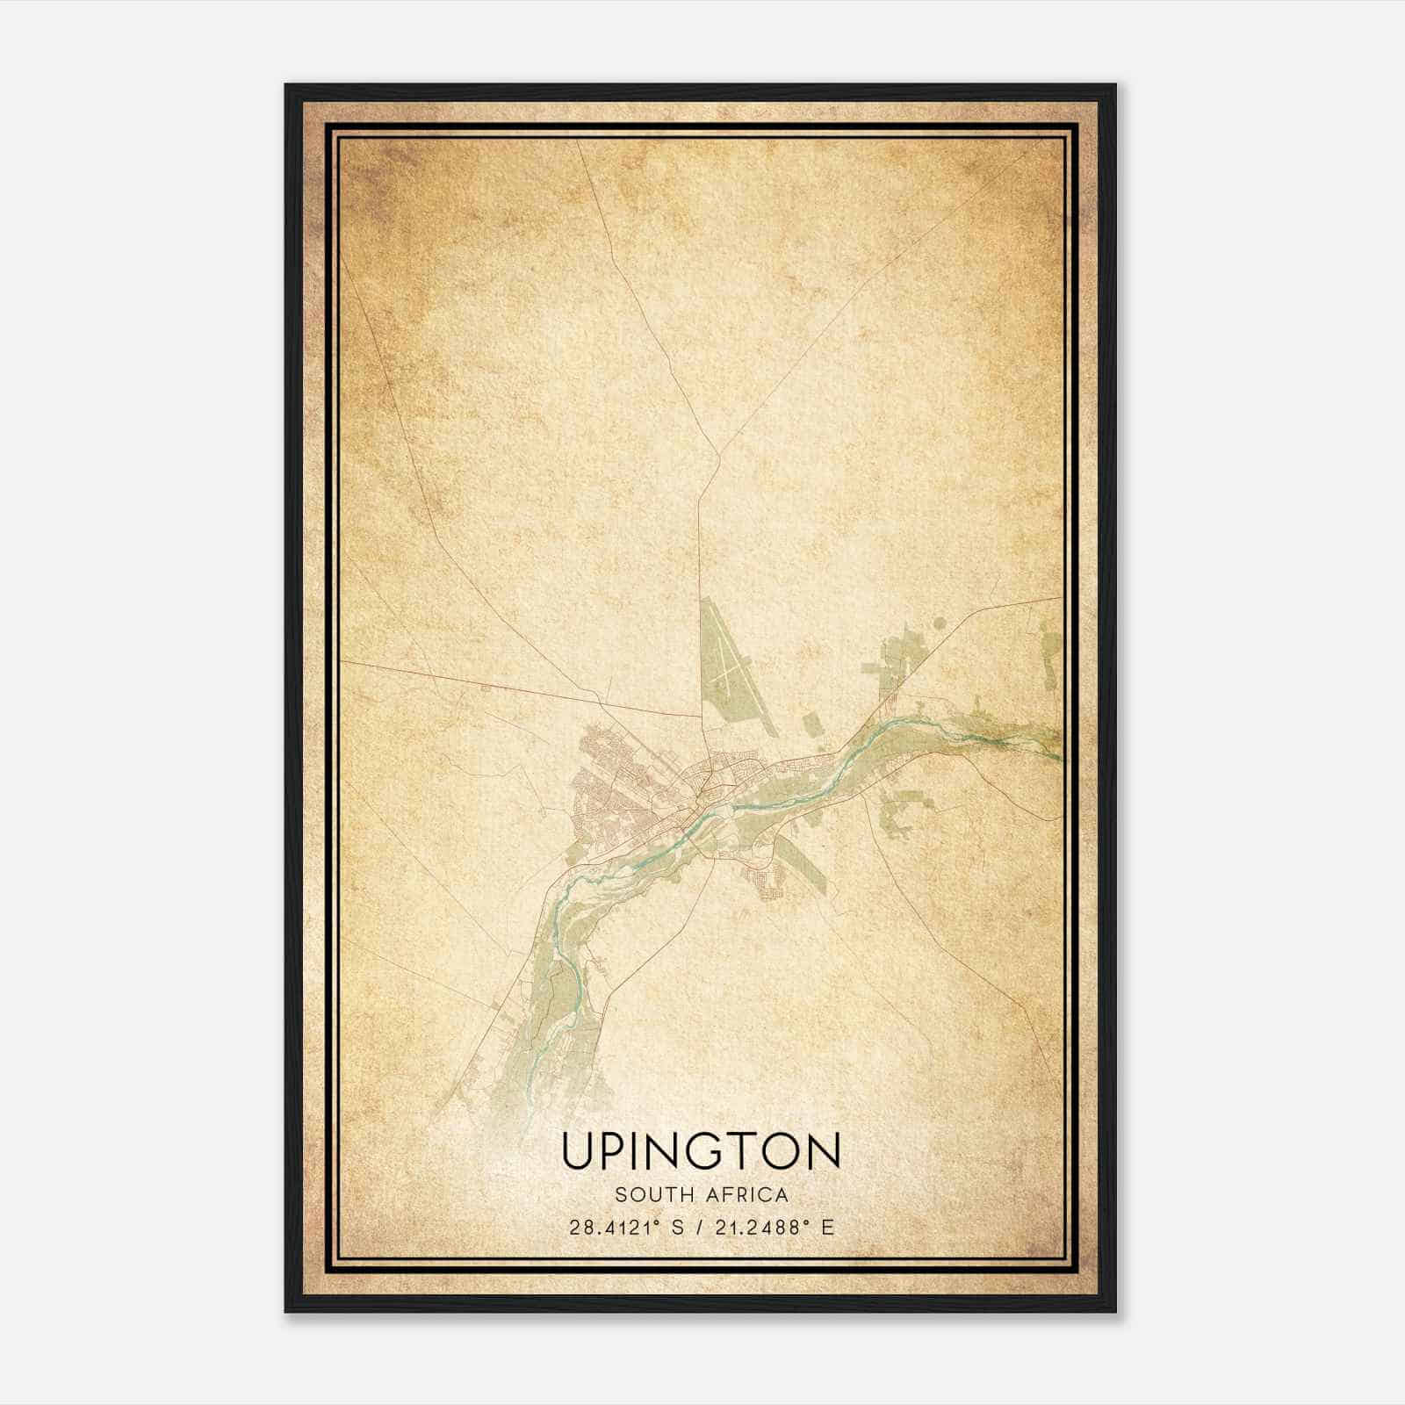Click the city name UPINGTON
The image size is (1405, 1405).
(x=701, y=1150)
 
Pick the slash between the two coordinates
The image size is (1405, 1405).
(x=698, y=1227)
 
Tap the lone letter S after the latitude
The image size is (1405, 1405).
(x=675, y=1227)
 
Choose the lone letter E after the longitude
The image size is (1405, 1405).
(x=826, y=1227)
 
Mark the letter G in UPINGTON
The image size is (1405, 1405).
(x=712, y=1150)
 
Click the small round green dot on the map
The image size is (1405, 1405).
(x=940, y=624)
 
